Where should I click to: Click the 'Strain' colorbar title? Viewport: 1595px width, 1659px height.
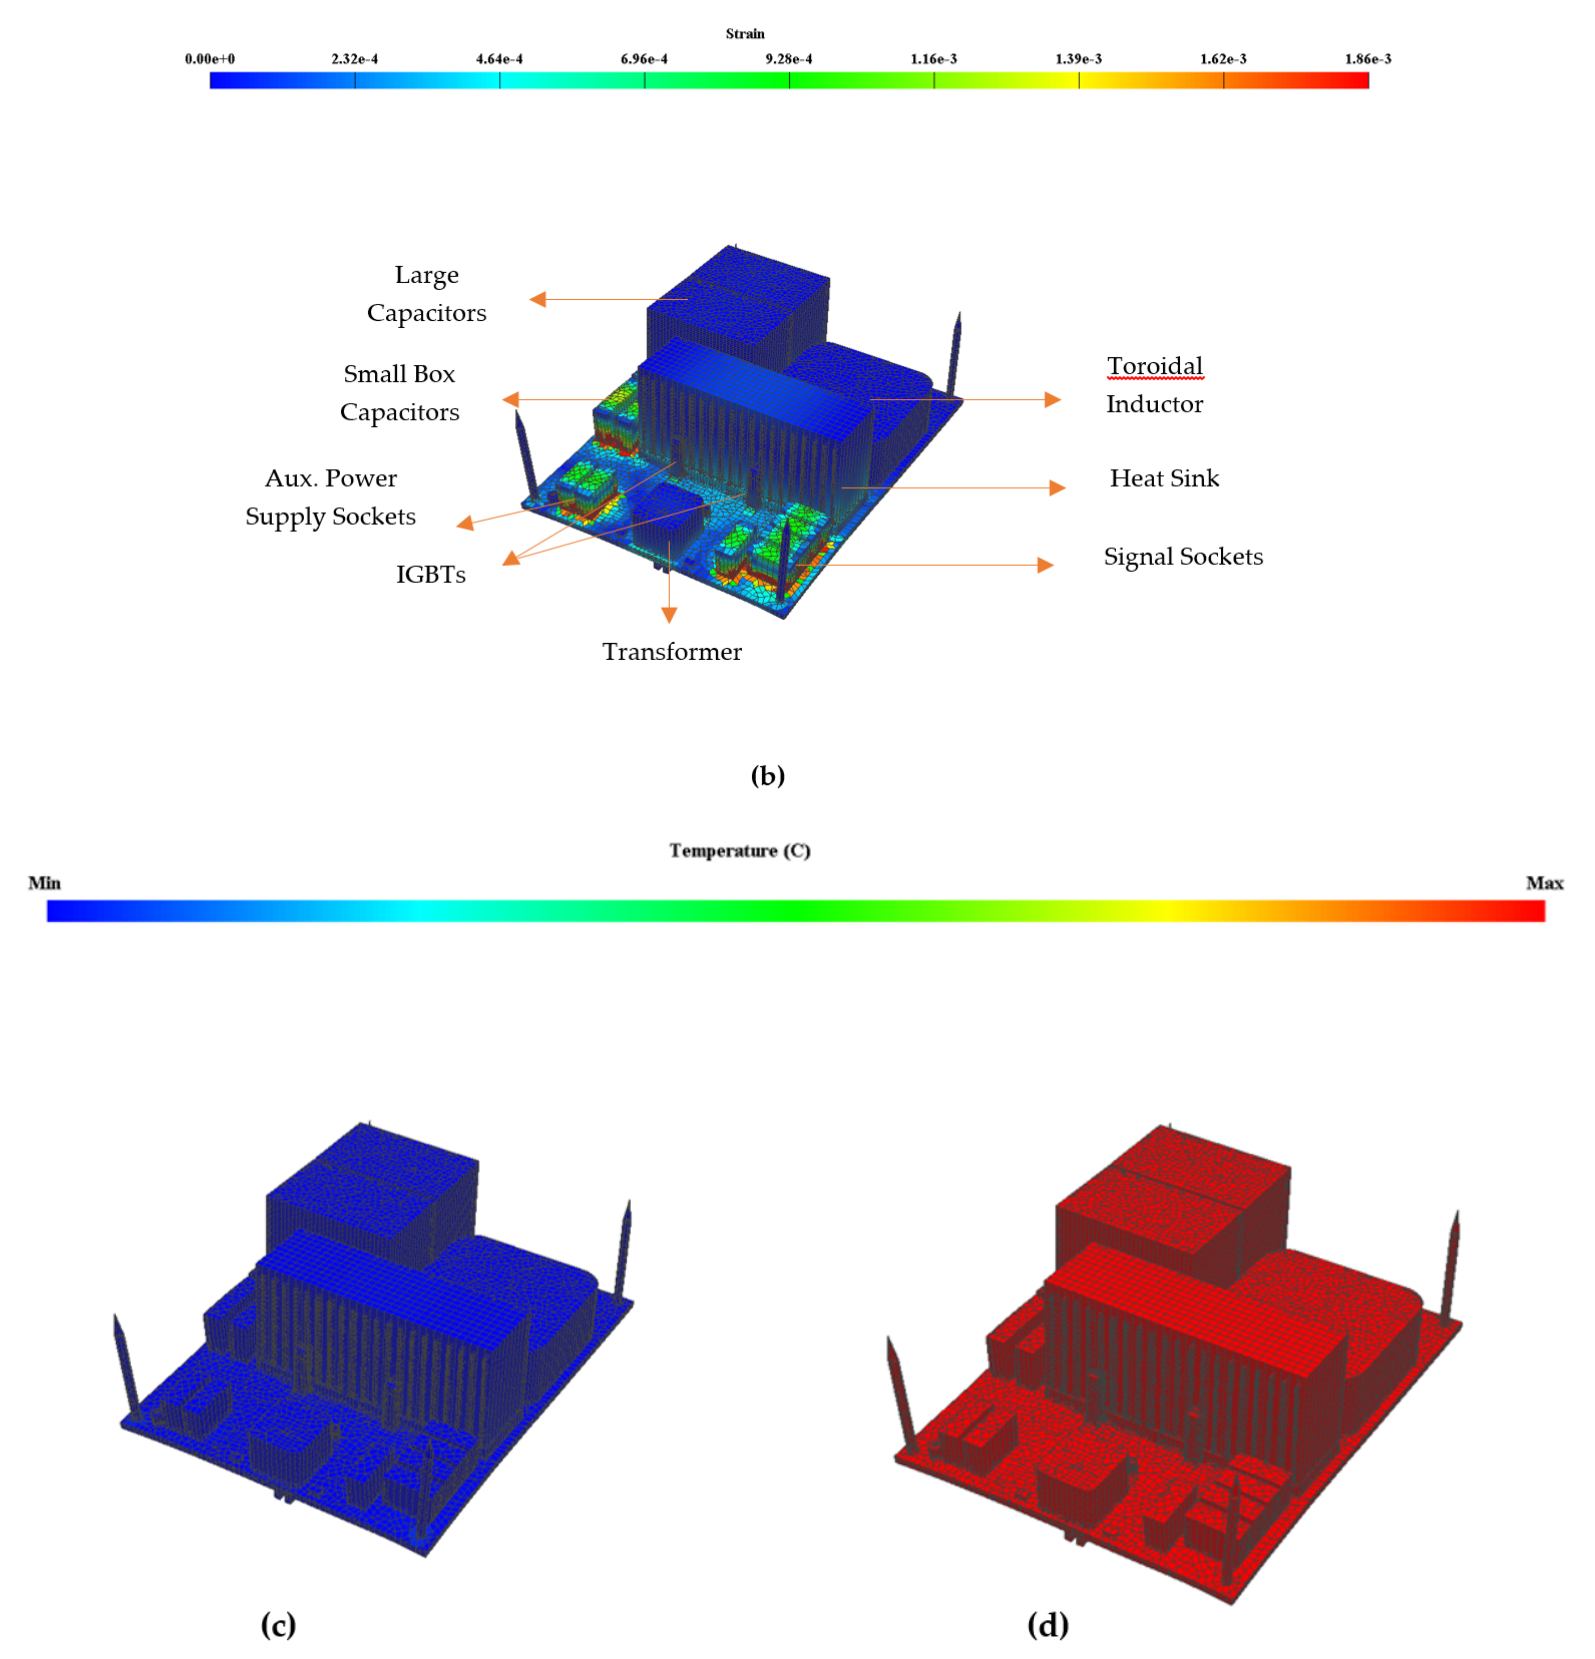(745, 34)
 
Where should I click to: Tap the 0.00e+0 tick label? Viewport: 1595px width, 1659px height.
(210, 59)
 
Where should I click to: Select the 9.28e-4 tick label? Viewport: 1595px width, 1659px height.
(789, 59)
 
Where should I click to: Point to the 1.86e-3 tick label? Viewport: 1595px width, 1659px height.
(1368, 59)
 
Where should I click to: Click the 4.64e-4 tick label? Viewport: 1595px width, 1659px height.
(499, 59)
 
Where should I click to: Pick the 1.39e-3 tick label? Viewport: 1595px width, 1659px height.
(1079, 59)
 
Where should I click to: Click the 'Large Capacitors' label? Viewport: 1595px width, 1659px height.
(427, 294)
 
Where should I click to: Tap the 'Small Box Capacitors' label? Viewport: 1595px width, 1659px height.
(400, 393)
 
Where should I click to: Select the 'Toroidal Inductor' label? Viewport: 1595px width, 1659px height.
(1155, 385)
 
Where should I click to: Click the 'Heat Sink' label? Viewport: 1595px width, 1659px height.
(1165, 478)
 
